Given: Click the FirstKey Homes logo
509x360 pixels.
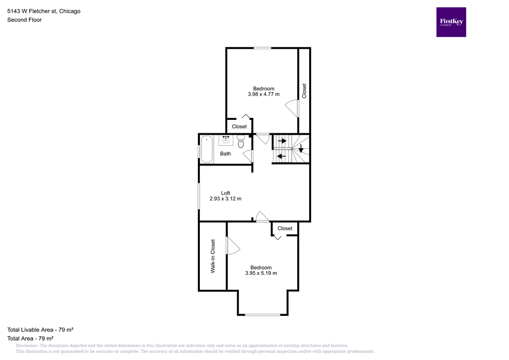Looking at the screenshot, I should coord(451,22).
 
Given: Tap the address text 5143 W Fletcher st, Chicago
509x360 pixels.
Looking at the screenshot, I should coord(44,11).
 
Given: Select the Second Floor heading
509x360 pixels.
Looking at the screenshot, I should coord(24,20).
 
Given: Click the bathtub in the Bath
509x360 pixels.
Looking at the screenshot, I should coord(207,149).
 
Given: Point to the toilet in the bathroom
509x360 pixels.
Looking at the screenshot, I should coord(241,141).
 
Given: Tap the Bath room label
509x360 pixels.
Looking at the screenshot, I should coord(226,154).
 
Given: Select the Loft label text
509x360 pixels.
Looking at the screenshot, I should coord(226,193).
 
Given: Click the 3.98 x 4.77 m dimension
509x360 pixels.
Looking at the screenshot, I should coord(263,94).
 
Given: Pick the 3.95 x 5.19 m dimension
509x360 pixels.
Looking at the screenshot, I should coord(261,273).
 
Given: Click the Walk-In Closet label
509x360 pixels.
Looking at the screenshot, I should coord(213,256).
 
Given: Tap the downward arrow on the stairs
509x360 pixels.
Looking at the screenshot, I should coord(301,148).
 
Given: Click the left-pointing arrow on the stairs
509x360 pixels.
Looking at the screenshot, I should coord(281,157).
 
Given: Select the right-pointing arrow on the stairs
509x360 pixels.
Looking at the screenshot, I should coord(282,141).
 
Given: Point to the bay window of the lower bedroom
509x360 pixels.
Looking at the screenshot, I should coord(262,314).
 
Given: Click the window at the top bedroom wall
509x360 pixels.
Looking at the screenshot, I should coord(262,48).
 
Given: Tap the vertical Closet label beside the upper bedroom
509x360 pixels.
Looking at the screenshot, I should coord(304,90).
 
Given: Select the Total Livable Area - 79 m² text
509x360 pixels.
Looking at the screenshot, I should coord(40,330).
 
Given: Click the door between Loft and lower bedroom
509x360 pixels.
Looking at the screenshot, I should coord(262,217).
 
